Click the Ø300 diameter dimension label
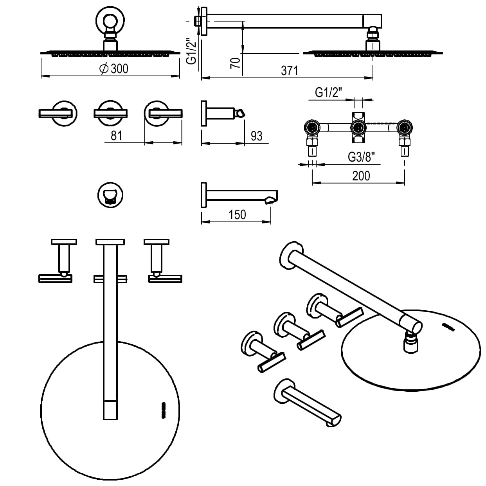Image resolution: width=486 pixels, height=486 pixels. [114, 68]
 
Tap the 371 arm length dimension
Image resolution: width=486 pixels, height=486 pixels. [289, 70]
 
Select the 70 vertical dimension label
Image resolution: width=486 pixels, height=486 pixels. [235, 63]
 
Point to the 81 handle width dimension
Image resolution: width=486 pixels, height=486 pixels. [116, 135]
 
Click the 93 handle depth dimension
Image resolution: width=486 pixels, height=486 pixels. [256, 136]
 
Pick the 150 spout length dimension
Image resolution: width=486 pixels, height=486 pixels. [237, 214]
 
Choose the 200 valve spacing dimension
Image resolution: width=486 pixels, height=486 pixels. [361, 176]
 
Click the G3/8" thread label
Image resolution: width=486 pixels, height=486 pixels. [361, 157]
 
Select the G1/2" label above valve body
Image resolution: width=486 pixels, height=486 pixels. [329, 93]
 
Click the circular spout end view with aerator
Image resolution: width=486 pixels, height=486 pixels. [111, 194]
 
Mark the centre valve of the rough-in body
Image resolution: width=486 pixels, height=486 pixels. [358, 128]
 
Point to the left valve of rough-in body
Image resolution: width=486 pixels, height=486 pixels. [312, 128]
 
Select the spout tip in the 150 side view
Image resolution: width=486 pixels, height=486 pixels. [271, 200]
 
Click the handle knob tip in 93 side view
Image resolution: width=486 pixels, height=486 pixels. [239, 113]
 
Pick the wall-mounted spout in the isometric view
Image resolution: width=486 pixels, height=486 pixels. [309, 405]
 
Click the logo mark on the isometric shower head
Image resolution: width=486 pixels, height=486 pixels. [448, 326]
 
